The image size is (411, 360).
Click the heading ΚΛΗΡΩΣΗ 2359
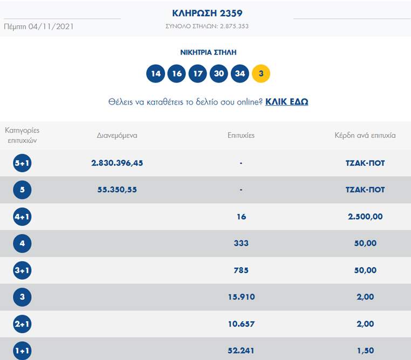[x=208, y=13]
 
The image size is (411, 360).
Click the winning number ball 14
[x=155, y=74]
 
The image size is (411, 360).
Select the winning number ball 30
[x=218, y=74]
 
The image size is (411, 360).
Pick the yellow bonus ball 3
[x=261, y=74]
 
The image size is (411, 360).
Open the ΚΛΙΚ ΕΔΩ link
[x=286, y=101]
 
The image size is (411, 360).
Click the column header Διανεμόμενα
[x=117, y=135]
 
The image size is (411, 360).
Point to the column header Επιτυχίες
[x=241, y=135]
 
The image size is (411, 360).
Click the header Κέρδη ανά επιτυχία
[x=365, y=135]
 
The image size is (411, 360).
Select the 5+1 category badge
[x=22, y=163]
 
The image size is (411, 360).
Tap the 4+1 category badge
[x=22, y=217]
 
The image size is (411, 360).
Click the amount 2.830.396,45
[x=117, y=163]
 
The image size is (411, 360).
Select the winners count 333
[x=241, y=243]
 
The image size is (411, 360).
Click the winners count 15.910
[x=241, y=297]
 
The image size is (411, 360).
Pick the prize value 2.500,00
[x=365, y=217]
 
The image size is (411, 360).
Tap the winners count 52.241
[x=241, y=350]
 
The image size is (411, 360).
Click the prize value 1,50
[x=365, y=350]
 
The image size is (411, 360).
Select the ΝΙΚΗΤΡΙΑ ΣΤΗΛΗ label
[x=208, y=52]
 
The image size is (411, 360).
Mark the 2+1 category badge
[x=22, y=324]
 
